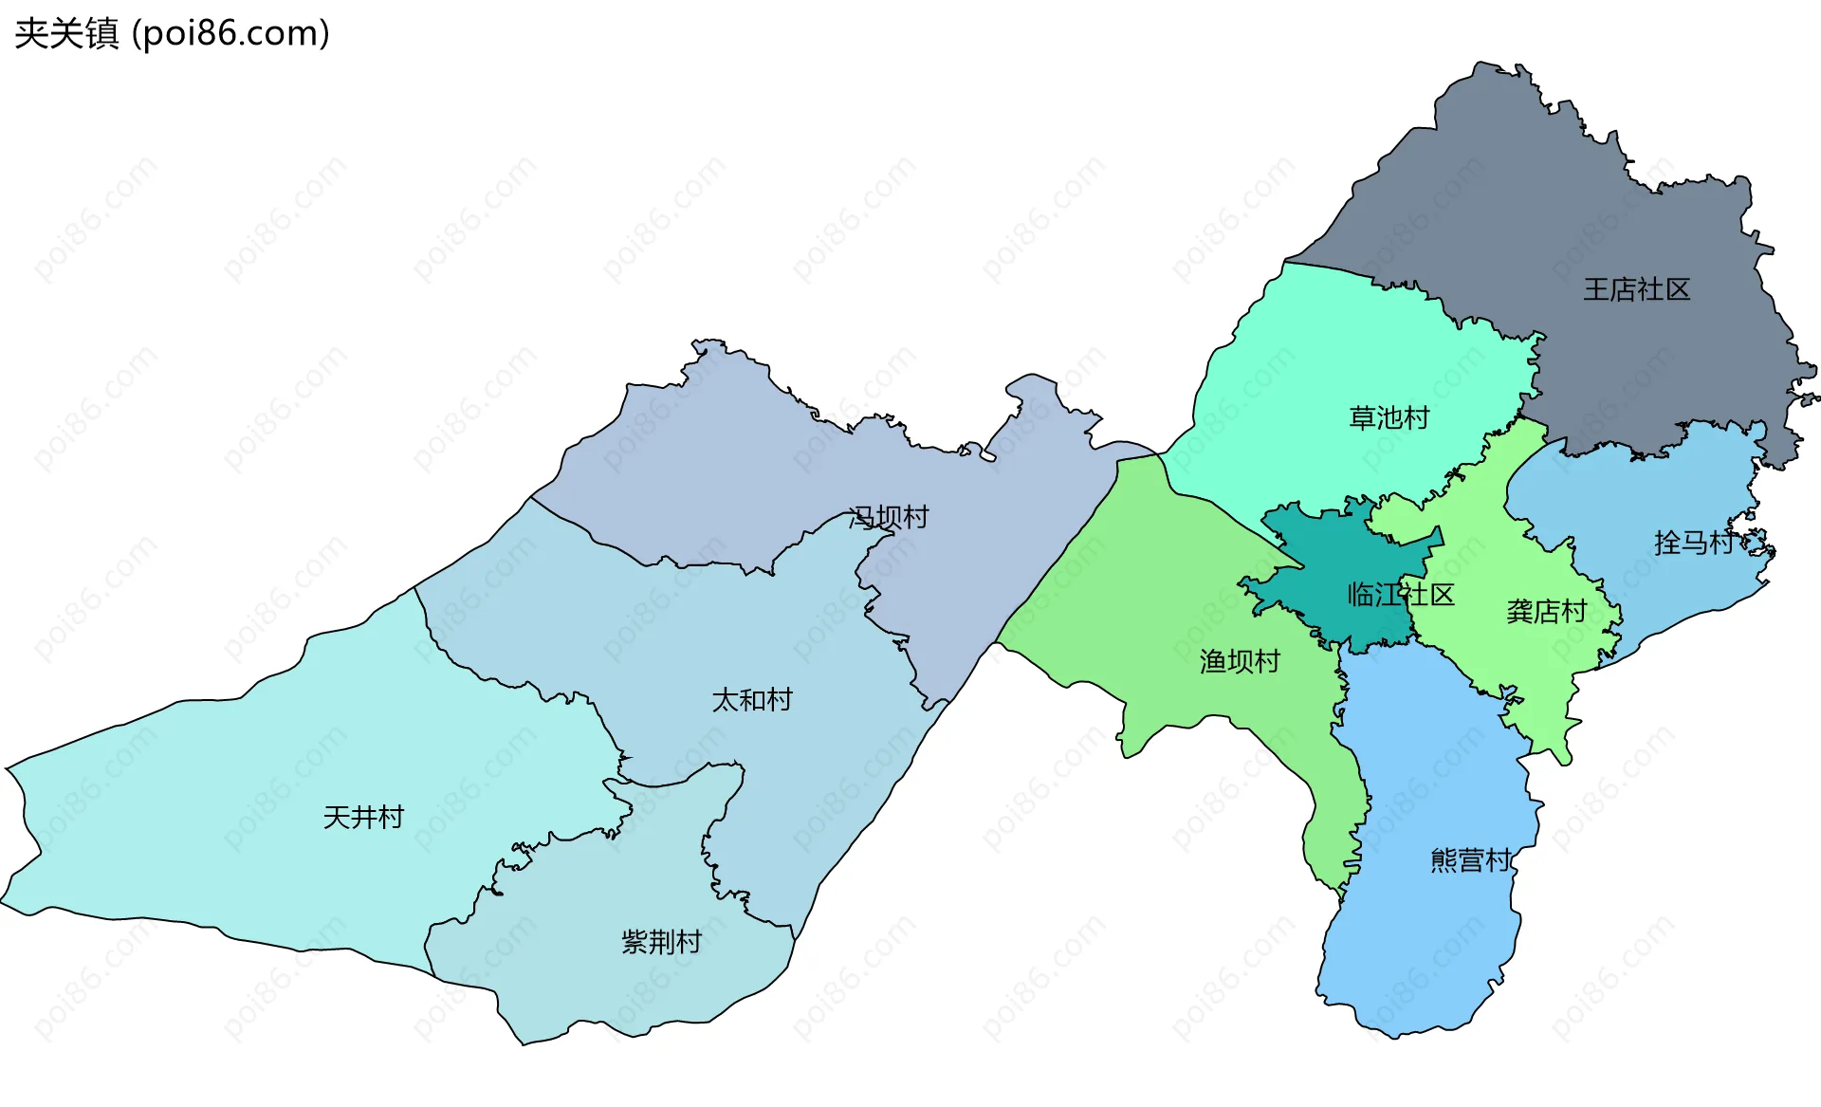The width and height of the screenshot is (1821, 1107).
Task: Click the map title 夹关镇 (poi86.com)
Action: tap(172, 33)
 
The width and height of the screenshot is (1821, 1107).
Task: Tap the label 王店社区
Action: tap(1636, 289)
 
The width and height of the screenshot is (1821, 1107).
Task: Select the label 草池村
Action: tap(1389, 417)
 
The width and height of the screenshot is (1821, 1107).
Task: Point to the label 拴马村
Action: tap(1694, 543)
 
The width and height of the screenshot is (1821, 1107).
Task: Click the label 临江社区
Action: tap(1400, 595)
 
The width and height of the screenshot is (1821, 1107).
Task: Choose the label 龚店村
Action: tap(1546, 612)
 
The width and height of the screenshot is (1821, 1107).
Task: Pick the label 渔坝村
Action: tap(1240, 661)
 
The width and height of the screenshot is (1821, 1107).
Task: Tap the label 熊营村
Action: tap(1470, 860)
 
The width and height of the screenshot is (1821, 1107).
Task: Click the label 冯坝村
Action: tap(889, 517)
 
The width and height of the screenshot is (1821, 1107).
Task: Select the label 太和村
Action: tap(752, 700)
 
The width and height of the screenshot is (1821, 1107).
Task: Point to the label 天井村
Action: tap(363, 817)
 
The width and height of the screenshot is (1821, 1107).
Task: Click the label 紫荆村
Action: tap(661, 942)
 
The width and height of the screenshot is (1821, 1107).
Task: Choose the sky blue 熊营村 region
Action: tap(1423, 949)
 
